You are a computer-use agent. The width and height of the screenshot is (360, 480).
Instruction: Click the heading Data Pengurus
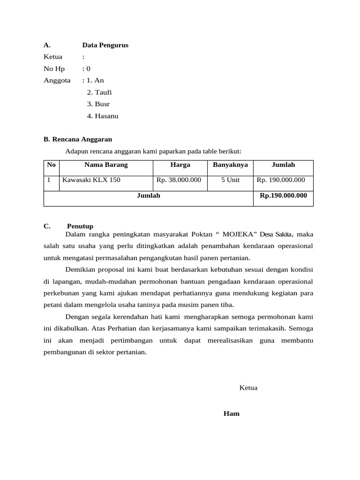click(x=105, y=45)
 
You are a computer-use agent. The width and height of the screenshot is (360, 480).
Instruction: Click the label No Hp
click(x=54, y=69)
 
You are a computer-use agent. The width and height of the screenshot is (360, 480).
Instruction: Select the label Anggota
click(x=57, y=81)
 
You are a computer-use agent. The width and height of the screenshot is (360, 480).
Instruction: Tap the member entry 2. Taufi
click(x=99, y=92)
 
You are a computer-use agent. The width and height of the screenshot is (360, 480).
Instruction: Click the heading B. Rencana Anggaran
click(x=78, y=139)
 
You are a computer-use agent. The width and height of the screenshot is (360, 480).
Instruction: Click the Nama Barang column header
click(x=106, y=165)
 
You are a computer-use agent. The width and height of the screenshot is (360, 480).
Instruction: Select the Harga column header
click(x=180, y=165)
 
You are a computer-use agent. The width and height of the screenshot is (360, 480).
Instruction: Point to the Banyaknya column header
click(x=230, y=165)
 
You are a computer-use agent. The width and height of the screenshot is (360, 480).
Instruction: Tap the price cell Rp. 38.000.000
click(x=179, y=180)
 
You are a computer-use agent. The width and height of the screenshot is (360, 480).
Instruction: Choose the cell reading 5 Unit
click(x=230, y=180)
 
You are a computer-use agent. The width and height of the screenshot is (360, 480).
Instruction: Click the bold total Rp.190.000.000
click(x=283, y=195)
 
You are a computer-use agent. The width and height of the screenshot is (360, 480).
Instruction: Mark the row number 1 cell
click(x=49, y=180)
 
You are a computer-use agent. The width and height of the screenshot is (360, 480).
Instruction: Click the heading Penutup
click(x=80, y=226)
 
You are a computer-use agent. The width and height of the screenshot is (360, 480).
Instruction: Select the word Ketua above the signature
click(x=248, y=388)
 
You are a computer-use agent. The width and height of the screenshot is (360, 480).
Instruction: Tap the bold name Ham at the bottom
click(x=232, y=414)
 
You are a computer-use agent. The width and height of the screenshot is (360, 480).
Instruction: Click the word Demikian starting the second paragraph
click(x=80, y=270)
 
